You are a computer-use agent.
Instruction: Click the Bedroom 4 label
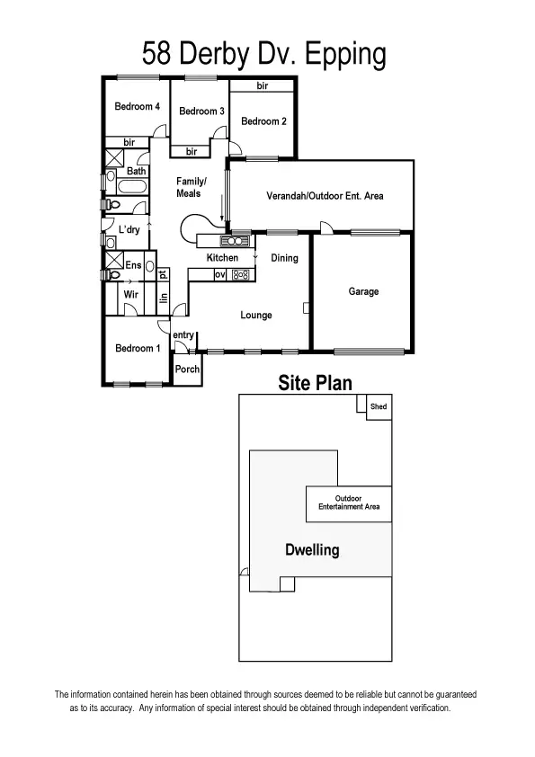point(137,106)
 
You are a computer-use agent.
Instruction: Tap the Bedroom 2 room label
point(263,121)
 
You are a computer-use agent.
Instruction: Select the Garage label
point(363,291)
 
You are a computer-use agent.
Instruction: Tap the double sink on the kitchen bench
point(235,241)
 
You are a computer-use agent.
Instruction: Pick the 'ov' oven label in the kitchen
point(219,274)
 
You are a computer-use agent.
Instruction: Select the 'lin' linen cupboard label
point(164,299)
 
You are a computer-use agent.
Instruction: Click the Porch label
point(187,370)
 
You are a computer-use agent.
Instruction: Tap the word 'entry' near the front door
point(183,335)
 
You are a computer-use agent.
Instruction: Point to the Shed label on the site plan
point(379,407)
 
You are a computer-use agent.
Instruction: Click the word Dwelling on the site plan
point(312,549)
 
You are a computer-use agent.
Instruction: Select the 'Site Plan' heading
point(315,383)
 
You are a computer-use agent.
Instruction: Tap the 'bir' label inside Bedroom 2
point(263,86)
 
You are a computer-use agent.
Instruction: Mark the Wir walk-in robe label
point(129,294)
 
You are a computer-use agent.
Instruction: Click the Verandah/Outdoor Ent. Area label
point(325,195)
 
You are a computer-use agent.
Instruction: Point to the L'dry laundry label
point(129,230)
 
